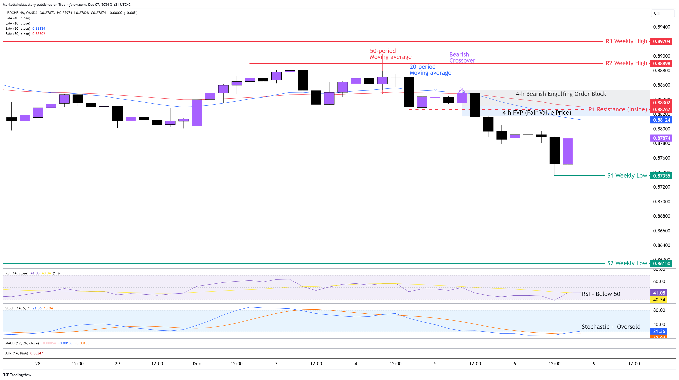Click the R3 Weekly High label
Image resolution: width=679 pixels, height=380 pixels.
click(626, 41)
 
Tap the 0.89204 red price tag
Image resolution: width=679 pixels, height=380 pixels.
click(661, 41)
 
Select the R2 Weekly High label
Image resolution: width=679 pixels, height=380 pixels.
click(626, 63)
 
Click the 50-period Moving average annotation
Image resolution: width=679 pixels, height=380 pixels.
click(390, 54)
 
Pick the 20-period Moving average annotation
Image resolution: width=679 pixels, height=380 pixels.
click(430, 70)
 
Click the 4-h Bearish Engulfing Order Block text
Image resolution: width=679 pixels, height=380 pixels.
click(561, 94)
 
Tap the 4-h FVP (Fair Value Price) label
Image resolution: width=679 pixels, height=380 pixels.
click(537, 113)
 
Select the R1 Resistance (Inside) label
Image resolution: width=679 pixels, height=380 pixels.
click(617, 109)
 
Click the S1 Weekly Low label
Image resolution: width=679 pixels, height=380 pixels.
click(627, 176)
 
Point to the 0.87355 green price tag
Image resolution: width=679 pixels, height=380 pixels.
click(661, 176)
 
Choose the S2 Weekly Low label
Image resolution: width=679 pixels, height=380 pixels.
click(627, 263)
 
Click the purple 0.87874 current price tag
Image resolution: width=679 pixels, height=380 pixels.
click(661, 138)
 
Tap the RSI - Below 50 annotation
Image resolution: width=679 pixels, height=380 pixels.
click(601, 294)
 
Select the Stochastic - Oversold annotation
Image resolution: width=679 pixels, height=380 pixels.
click(611, 327)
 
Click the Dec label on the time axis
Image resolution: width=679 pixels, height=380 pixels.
click(197, 364)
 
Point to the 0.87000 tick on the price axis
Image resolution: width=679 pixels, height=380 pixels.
click(661, 201)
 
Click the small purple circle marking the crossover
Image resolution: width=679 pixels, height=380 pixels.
click(462, 92)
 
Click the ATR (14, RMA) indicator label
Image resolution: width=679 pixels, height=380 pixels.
click(17, 353)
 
